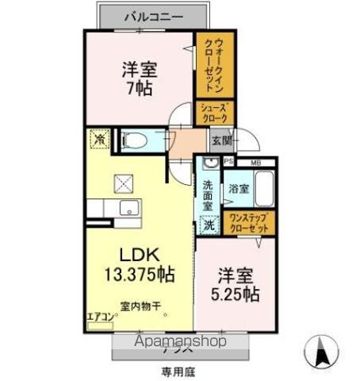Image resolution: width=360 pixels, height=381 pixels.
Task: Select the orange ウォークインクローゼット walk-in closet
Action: pyautogui.click(x=214, y=63)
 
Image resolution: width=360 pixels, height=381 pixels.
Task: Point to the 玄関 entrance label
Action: pyautogui.click(x=221, y=141)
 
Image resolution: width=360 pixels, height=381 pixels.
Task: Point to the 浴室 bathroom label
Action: pyautogui.click(x=240, y=190)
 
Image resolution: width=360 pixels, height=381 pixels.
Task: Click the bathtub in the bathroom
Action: pyautogui.click(x=265, y=190)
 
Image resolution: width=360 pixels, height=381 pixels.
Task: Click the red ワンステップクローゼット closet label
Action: pyautogui.click(x=247, y=222)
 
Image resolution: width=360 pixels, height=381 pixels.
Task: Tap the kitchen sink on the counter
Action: pyautogui.click(x=128, y=210)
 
